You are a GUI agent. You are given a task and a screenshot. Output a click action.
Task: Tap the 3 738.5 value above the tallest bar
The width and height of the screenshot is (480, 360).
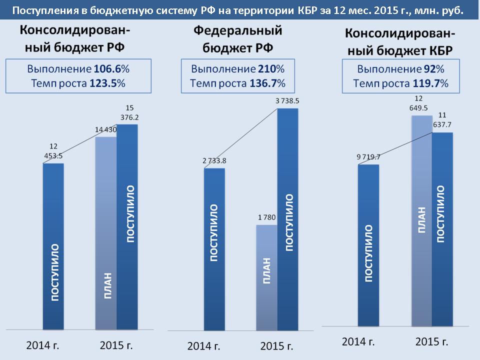click(287, 101)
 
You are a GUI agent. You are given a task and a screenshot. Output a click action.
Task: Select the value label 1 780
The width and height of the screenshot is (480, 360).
click(266, 217)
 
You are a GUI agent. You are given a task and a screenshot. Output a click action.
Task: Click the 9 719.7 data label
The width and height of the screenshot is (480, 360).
click(368, 157)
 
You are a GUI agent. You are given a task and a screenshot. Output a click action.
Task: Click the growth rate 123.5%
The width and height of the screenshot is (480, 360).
click(107, 83)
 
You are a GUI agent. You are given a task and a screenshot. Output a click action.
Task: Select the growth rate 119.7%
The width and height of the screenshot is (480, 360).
click(430, 83)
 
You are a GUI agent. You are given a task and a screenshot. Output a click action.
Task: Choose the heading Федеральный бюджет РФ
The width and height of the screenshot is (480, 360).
click(237, 39)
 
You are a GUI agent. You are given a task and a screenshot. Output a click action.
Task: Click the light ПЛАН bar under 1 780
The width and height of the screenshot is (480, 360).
click(266, 277)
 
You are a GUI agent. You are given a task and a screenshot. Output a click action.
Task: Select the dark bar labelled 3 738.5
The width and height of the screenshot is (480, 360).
click(287, 220)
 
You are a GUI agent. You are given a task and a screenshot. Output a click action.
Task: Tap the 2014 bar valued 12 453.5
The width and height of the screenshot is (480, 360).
click(53, 245)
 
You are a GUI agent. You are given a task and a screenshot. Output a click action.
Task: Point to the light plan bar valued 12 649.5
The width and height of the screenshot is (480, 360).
click(421, 220)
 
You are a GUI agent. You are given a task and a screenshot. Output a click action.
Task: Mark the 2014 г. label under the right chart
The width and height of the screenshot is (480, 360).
click(358, 342)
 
